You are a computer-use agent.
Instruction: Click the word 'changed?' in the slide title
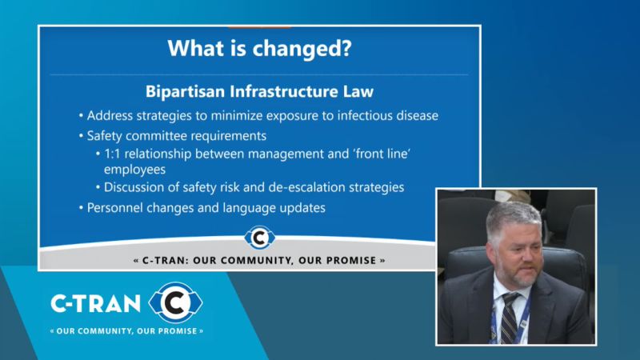pyautogui.click(x=302, y=49)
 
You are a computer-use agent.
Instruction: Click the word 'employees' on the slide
pyautogui.click(x=134, y=170)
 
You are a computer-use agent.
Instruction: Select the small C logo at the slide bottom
pyautogui.click(x=259, y=238)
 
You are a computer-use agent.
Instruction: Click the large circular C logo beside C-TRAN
pyautogui.click(x=175, y=302)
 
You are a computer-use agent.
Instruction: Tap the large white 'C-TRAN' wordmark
pyautogui.click(x=95, y=304)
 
